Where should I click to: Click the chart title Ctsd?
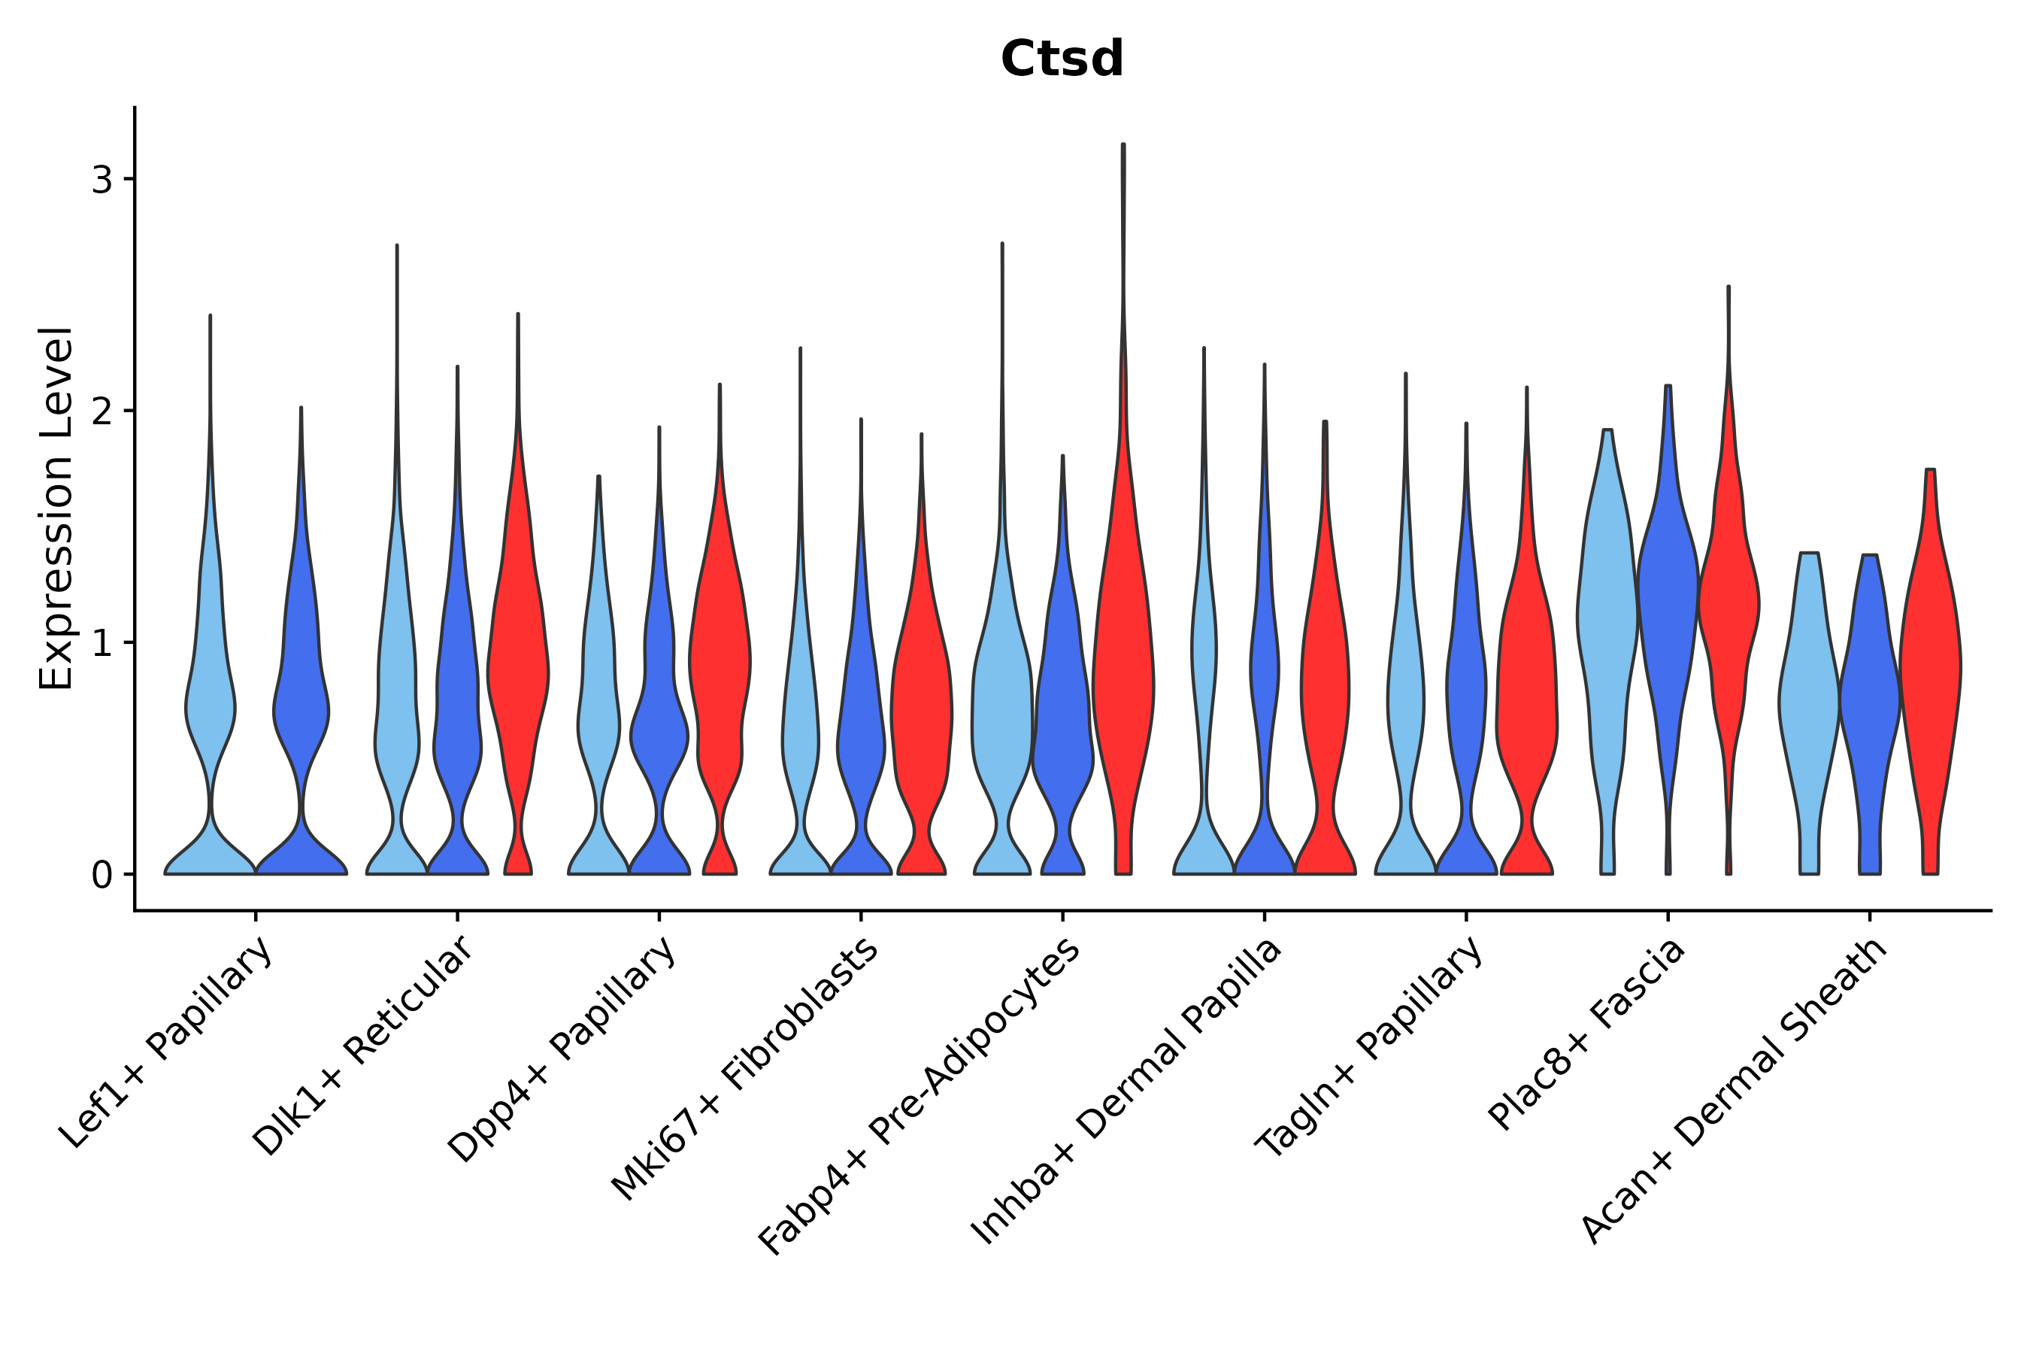pyautogui.click(x=1062, y=59)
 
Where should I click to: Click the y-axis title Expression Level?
pyautogui.click(x=56, y=508)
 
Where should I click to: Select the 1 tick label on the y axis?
pyautogui.click(x=101, y=643)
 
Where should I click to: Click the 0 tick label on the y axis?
pyautogui.click(x=101, y=876)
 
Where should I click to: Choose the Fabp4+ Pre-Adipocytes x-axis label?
pyautogui.click(x=920, y=1097)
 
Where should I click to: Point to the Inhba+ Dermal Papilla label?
pyautogui.click(x=1127, y=1092)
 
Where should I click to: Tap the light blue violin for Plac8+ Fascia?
pyautogui.click(x=1607, y=622)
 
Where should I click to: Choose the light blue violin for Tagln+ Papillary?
pyautogui.click(x=1405, y=691)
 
